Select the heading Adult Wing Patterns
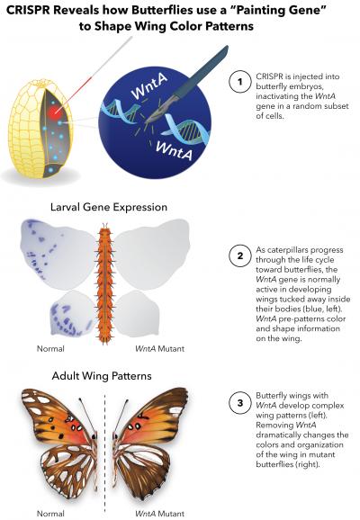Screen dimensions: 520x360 (x=101, y=370)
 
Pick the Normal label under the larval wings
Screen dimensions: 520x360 (x=50, y=347)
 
